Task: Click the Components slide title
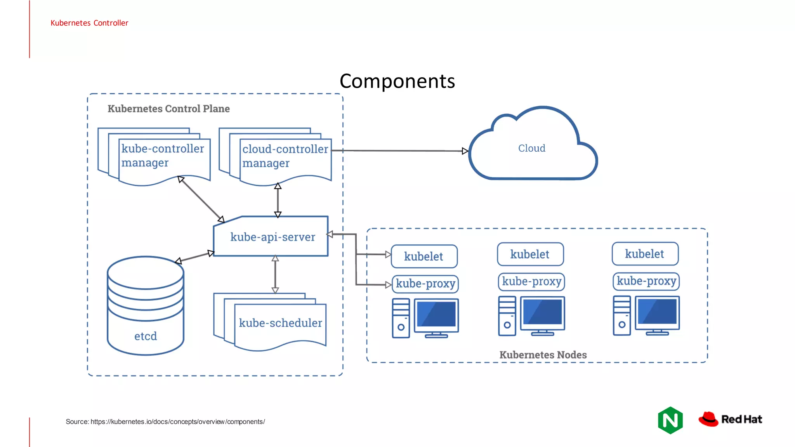[x=397, y=81]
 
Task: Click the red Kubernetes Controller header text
[x=89, y=23]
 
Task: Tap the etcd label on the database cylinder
[x=146, y=336]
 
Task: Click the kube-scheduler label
[x=280, y=323]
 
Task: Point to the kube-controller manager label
[x=162, y=155]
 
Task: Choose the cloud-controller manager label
[x=285, y=156]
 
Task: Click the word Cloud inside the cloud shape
[x=531, y=148]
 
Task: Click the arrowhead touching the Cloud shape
[x=465, y=151]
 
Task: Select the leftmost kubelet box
[x=424, y=256]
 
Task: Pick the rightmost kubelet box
[x=645, y=254]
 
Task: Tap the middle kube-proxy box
[x=531, y=281]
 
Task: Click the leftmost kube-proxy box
[x=425, y=284]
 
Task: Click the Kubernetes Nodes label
[x=543, y=355]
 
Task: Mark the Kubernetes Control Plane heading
[x=168, y=109]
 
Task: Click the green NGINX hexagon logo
[x=670, y=420]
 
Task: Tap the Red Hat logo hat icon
[x=708, y=419]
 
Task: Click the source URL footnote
[x=165, y=422]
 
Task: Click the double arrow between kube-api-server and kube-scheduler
[x=275, y=274]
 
